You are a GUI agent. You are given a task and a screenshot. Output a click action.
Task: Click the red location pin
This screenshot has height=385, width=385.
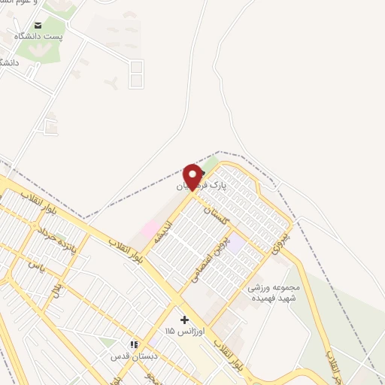click(194, 176)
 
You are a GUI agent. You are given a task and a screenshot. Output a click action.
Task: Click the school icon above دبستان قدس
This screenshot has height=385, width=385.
click(133, 344)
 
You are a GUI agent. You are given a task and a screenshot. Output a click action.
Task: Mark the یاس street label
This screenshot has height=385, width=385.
click(35, 265)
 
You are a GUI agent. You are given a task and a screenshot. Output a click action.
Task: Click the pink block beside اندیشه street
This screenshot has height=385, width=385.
click(151, 227)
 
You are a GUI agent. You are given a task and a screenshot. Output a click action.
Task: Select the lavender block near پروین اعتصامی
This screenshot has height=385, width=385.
click(236, 244)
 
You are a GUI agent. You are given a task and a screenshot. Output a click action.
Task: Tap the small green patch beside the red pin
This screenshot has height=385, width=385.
click(211, 164)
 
